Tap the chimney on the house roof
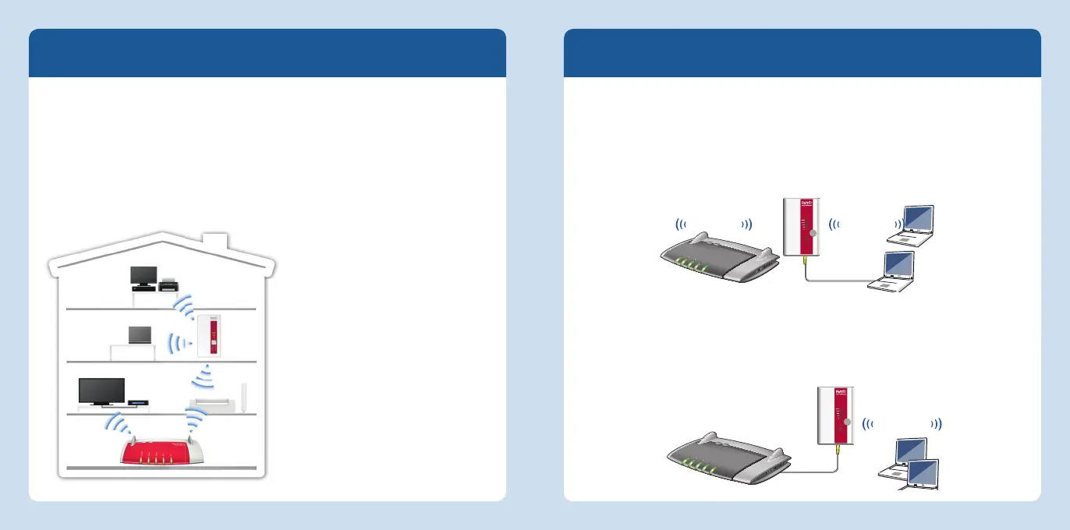click(213, 242)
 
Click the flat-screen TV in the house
click(101, 390)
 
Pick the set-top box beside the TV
click(138, 401)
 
